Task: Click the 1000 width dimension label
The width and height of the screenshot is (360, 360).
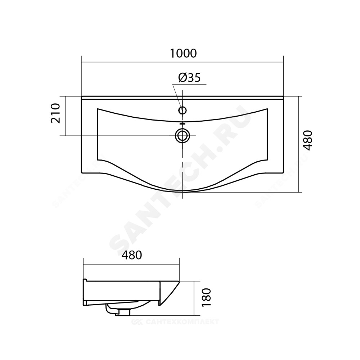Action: coord(183,54)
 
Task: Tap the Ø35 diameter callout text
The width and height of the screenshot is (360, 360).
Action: coord(189,78)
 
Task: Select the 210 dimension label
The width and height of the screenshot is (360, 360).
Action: coord(55,113)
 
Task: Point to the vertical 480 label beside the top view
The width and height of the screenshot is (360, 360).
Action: coord(308,140)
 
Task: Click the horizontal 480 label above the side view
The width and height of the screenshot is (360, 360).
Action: coord(131,255)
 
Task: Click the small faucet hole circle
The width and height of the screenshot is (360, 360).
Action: coord(183,111)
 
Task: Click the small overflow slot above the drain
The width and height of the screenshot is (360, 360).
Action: coord(182,123)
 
